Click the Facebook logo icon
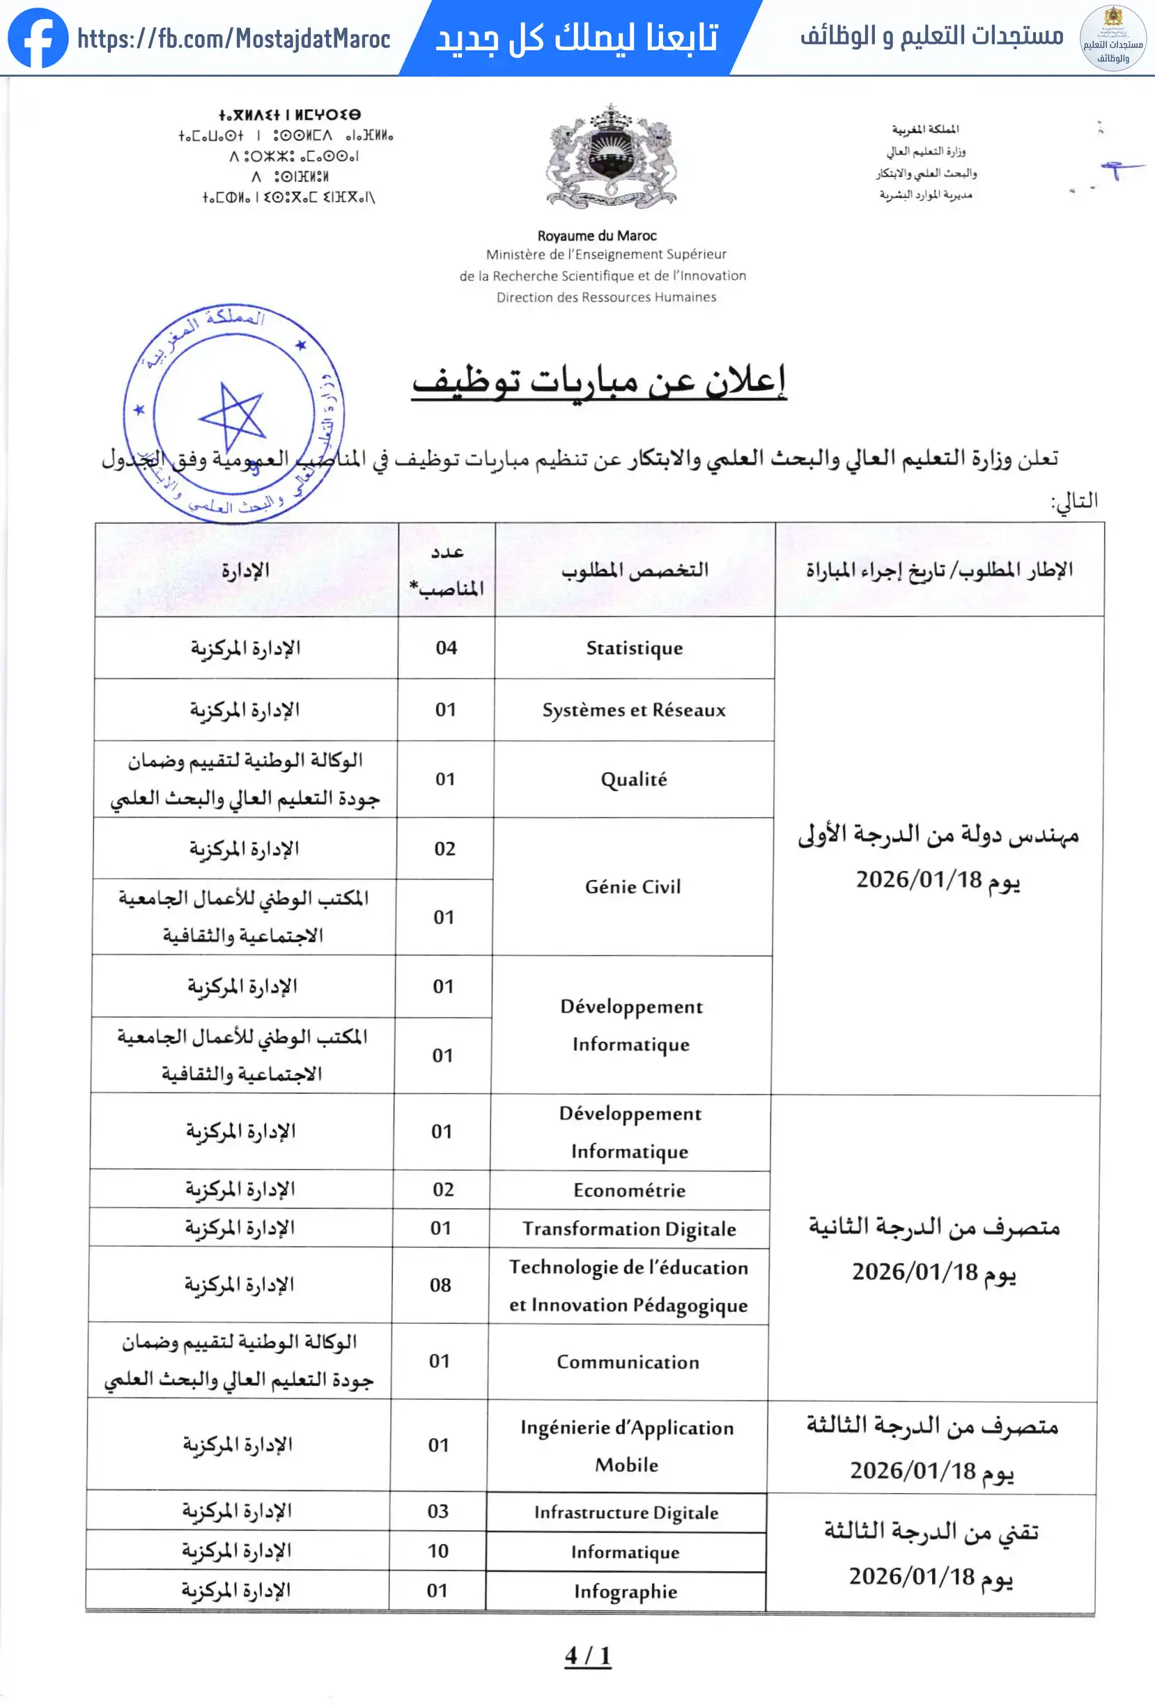click(x=38, y=38)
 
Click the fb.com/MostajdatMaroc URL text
click(x=233, y=39)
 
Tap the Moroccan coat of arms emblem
click(x=611, y=156)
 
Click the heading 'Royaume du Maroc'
click(x=597, y=236)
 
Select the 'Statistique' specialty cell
click(x=635, y=648)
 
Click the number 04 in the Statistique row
click(x=446, y=648)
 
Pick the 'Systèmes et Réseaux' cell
click(x=635, y=710)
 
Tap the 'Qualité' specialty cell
click(x=634, y=779)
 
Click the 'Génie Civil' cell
click(x=633, y=886)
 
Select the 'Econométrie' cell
click(x=629, y=1190)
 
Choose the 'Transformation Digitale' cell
click(x=629, y=1229)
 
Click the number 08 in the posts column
click(x=440, y=1286)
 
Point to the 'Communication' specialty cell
click(x=628, y=1361)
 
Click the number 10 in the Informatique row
click(x=437, y=1551)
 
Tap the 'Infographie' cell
click(x=626, y=1591)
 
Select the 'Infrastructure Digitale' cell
click(x=626, y=1512)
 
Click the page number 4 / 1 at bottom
click(x=587, y=1656)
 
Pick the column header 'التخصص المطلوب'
click(x=635, y=570)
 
